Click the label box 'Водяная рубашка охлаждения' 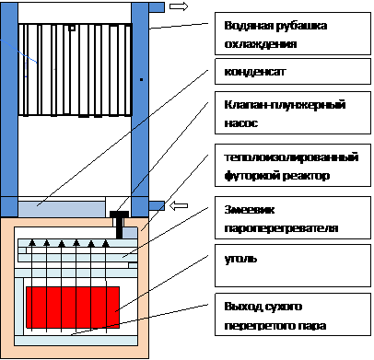coord(293,34)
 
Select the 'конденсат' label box coord(293,72)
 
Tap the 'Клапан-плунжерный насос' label coord(293,112)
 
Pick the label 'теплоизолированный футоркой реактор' coord(293,165)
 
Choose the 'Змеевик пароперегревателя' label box coord(293,218)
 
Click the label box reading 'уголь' coord(293,266)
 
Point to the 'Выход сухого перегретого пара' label coord(293,314)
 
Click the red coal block coord(73,308)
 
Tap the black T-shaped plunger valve coord(120,225)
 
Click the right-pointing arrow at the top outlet coord(179,6)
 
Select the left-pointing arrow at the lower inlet coord(179,205)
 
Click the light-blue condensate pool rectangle coord(62,209)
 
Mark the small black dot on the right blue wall coord(141,79)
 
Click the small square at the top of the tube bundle coord(72,29)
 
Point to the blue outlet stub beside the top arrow coord(157,7)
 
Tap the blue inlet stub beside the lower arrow coord(157,206)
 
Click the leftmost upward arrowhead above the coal coord(32,243)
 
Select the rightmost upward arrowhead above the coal coord(106,243)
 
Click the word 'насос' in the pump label coord(241,123)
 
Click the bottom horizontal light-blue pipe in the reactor coord(76,341)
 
